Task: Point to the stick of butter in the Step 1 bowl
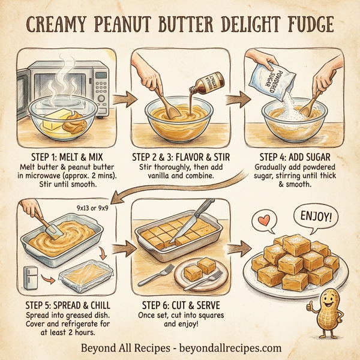point(56,116)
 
